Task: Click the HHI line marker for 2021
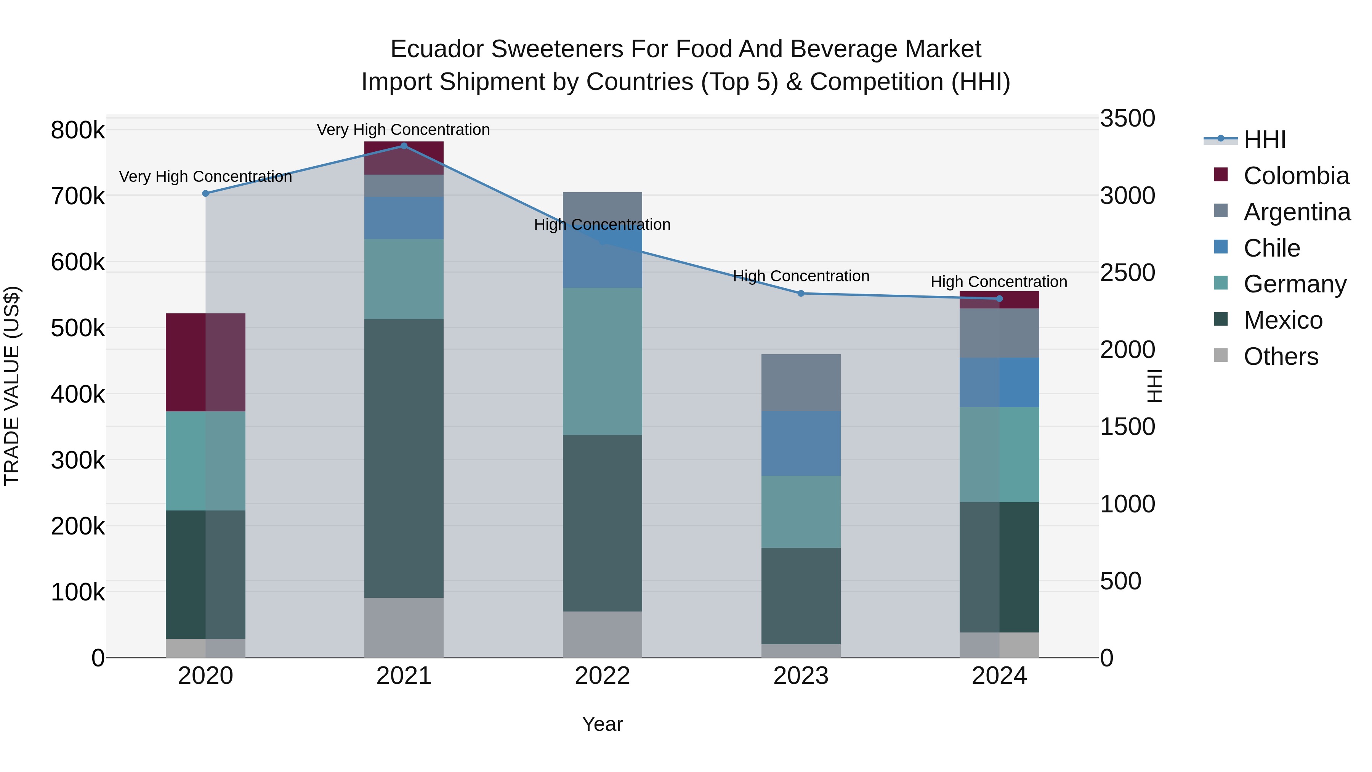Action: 404,146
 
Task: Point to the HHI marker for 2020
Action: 205,193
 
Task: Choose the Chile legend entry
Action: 1271,248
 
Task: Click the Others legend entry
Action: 1281,356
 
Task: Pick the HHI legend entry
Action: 1265,140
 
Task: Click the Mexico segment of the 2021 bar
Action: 404,458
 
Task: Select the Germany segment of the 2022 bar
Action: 603,361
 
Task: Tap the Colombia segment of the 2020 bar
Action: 205,362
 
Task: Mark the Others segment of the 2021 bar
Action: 404,627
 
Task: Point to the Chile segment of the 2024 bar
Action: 999,382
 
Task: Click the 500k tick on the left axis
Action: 78,328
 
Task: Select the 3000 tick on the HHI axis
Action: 1128,196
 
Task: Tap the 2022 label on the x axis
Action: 603,676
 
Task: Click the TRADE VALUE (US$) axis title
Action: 12,386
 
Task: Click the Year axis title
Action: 603,724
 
